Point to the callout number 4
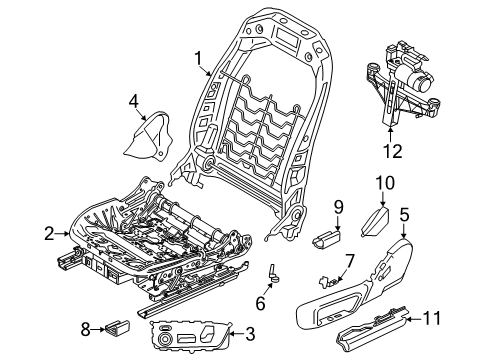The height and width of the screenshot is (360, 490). [133, 100]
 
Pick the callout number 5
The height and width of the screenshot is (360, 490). [405, 241]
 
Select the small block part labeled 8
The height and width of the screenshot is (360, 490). [119, 325]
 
